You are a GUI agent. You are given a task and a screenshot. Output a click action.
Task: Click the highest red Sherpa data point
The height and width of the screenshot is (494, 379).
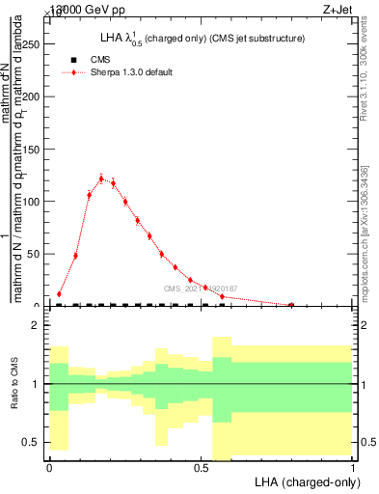pyautogui.click(x=101, y=178)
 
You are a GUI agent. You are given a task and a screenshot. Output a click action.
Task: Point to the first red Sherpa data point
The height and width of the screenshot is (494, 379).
pyautogui.click(x=60, y=293)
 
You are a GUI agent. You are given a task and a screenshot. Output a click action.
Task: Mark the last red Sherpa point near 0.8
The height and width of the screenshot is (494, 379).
pyautogui.click(x=291, y=305)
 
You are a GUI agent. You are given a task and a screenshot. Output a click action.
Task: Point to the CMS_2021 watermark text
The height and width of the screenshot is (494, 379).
pyautogui.click(x=201, y=288)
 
